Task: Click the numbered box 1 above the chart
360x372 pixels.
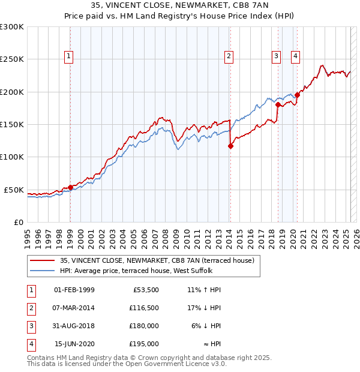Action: point(69,57)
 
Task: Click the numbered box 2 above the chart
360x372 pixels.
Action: point(229,57)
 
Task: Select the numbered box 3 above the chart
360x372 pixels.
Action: point(276,57)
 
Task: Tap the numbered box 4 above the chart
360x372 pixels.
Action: point(296,57)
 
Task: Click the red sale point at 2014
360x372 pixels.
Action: point(230,145)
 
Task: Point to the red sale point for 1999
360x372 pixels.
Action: point(70,187)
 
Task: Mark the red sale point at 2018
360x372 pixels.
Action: point(278,104)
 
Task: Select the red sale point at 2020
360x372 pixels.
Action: point(297,95)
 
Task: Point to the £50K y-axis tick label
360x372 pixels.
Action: point(14,190)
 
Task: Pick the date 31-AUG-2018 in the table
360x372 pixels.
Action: point(74,326)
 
